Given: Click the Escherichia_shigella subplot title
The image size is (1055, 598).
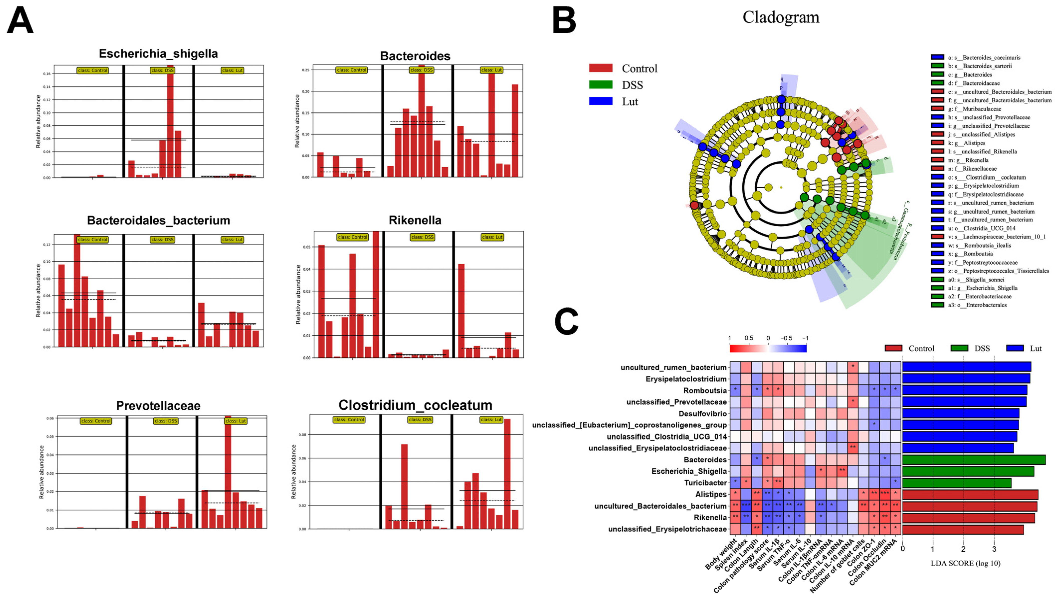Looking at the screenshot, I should coord(158,54).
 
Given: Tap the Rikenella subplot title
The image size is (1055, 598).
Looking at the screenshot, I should coord(415,221).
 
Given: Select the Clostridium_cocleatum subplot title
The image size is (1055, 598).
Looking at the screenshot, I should coord(415,405).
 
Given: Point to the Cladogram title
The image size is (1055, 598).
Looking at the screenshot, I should coord(780,17).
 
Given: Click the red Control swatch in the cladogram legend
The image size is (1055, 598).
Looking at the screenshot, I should coord(600,68).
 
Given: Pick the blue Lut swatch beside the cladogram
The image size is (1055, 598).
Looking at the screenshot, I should coord(600,101).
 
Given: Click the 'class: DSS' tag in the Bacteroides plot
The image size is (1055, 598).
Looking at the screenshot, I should coord(421,70).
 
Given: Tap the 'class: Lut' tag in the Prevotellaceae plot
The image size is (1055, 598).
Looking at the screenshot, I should coord(236,421).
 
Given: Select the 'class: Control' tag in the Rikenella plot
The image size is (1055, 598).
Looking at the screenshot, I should coord(352,237).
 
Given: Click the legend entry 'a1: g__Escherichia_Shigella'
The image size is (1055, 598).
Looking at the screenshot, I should coord(982,288).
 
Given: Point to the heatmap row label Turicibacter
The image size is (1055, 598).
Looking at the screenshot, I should coord(705,483).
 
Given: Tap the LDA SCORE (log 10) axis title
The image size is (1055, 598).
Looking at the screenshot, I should coord(965,563).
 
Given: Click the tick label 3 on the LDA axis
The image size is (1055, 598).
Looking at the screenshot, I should coord(994,549).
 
